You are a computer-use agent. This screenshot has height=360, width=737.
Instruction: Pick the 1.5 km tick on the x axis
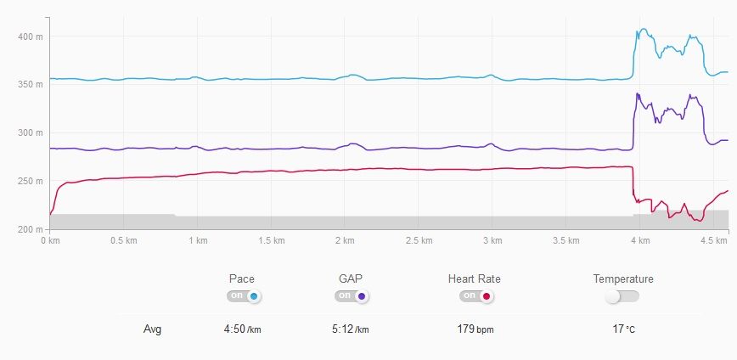tap(271, 241)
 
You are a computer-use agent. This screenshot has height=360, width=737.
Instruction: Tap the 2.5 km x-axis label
tap(419, 241)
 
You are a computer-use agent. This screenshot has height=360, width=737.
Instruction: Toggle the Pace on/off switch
tap(244, 296)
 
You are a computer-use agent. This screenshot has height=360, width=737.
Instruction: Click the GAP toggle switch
tap(352, 296)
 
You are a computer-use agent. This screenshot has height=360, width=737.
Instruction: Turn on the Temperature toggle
tap(622, 296)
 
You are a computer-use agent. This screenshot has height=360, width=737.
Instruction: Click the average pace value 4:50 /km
tap(242, 329)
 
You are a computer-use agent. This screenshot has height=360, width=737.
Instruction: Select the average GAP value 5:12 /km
tap(351, 329)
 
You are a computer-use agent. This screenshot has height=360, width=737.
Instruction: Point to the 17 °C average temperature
tap(623, 329)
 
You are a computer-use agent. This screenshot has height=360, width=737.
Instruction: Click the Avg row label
tap(152, 329)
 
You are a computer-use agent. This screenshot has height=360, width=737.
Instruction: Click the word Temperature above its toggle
tap(623, 278)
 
